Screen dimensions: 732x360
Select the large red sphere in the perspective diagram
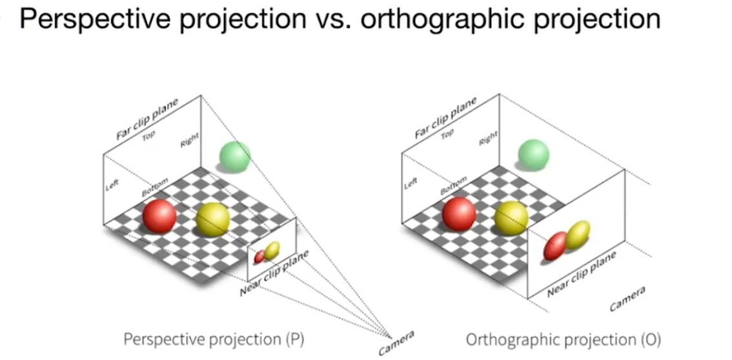pyautogui.click(x=159, y=216)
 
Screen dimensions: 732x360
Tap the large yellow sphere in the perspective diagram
pyautogui.click(x=213, y=219)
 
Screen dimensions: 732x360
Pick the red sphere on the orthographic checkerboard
pyautogui.click(x=459, y=214)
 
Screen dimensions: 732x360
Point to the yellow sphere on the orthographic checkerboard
pyautogui.click(x=512, y=217)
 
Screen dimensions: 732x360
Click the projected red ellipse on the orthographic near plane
pyautogui.click(x=555, y=246)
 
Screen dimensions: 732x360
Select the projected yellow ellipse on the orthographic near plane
pyautogui.click(x=578, y=235)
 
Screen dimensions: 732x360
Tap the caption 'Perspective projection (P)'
pyautogui.click(x=214, y=339)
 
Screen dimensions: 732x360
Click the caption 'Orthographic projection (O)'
pyautogui.click(x=564, y=339)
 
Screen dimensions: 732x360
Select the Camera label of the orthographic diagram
pyautogui.click(x=627, y=299)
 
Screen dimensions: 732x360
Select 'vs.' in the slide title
pyautogui.click(x=336, y=19)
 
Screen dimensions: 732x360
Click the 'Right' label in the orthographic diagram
pyautogui.click(x=489, y=138)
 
